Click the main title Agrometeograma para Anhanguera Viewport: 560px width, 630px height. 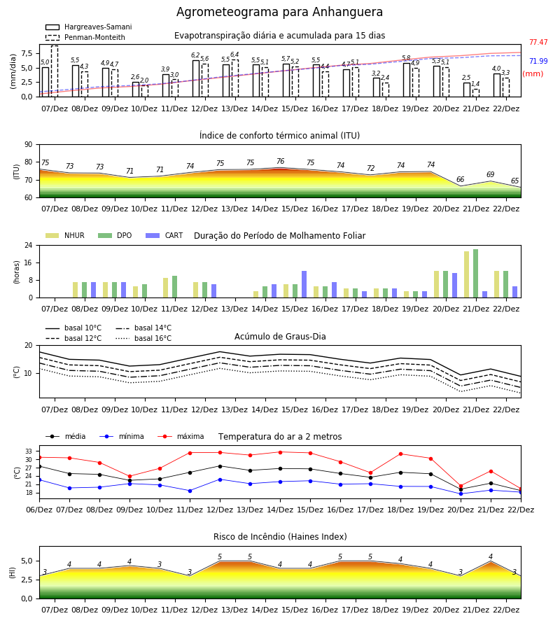[x=279, y=12]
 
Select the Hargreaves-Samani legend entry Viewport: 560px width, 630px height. [x=88, y=27]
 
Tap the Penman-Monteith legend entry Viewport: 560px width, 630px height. [x=85, y=37]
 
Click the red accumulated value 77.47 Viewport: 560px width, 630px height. [x=538, y=42]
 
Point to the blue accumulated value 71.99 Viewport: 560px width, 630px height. [x=538, y=61]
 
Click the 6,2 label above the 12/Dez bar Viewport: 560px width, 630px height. [x=195, y=55]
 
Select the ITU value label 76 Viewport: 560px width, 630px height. [x=281, y=161]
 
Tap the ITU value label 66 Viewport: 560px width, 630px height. [x=461, y=180]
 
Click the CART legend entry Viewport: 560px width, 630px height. [x=164, y=235]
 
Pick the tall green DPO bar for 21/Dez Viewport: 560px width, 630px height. [x=475, y=274]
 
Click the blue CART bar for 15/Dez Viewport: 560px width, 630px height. [x=304, y=284]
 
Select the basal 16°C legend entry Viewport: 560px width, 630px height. [x=143, y=338]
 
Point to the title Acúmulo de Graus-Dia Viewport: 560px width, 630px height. [x=280, y=337]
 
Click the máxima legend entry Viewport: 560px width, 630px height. [x=181, y=436]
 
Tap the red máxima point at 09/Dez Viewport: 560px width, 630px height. [x=129, y=477]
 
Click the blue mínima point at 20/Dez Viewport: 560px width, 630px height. [x=461, y=493]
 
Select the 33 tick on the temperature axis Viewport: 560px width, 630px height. [x=29, y=451]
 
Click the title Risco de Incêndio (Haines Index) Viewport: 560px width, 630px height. [x=280, y=537]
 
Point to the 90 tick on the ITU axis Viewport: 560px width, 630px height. [x=29, y=145]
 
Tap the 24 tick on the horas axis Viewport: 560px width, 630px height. [x=29, y=245]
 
